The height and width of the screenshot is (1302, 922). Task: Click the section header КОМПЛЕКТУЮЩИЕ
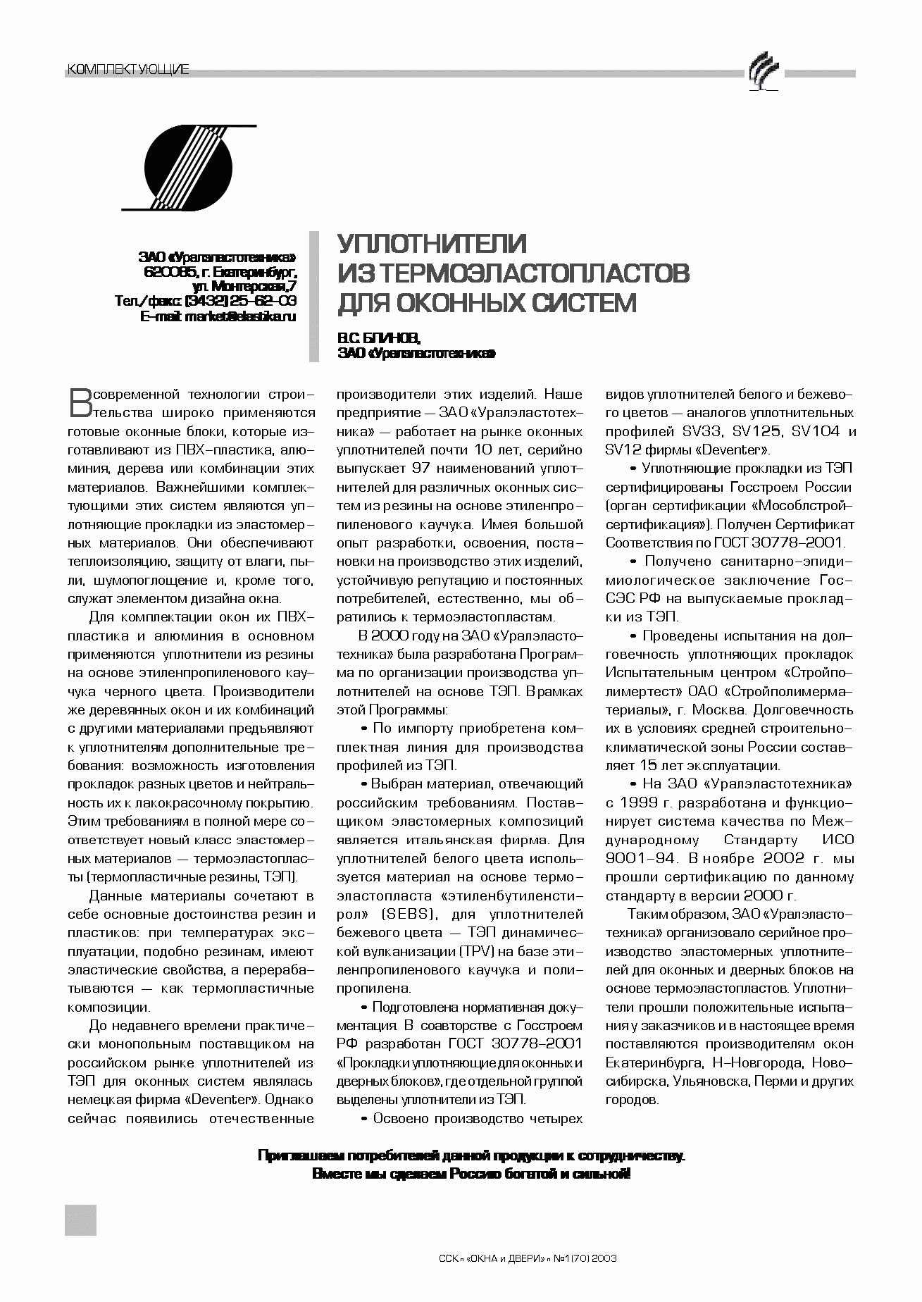click(127, 69)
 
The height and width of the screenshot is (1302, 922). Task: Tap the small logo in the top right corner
click(764, 73)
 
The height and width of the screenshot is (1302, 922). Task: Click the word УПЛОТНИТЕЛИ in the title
click(432, 244)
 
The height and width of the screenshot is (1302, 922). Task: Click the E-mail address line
click(218, 317)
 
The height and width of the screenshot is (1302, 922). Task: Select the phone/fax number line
click(206, 302)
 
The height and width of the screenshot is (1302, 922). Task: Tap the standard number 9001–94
click(640, 859)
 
